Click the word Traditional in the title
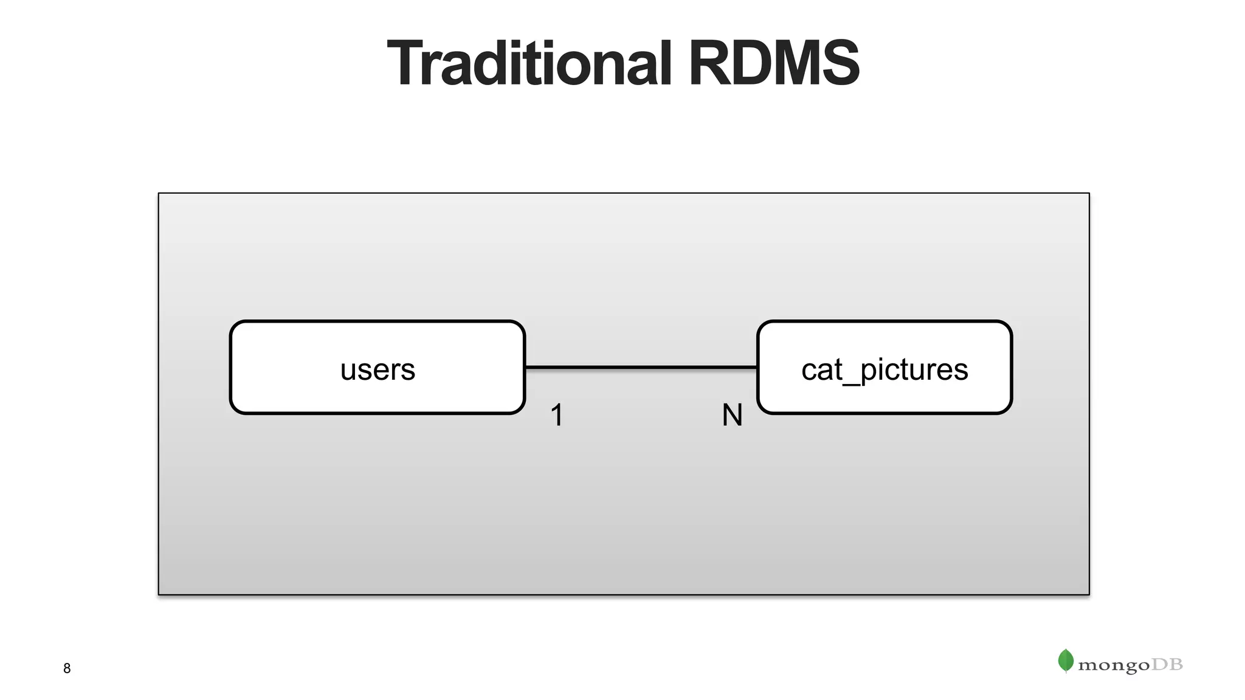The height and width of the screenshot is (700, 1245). click(x=529, y=64)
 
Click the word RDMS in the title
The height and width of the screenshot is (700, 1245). click(x=773, y=64)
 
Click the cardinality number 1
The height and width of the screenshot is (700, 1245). click(x=557, y=416)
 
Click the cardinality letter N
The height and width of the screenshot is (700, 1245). click(x=732, y=416)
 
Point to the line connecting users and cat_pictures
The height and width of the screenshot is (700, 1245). click(x=641, y=368)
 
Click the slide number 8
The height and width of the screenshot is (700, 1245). click(x=67, y=668)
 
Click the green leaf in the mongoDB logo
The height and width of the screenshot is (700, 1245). click(x=1065, y=661)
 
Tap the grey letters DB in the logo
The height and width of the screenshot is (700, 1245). click(x=1167, y=665)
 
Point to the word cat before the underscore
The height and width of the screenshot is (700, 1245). click(x=821, y=370)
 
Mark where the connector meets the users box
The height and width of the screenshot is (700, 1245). click(x=526, y=368)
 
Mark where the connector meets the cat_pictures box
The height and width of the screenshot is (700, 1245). click(x=757, y=368)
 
